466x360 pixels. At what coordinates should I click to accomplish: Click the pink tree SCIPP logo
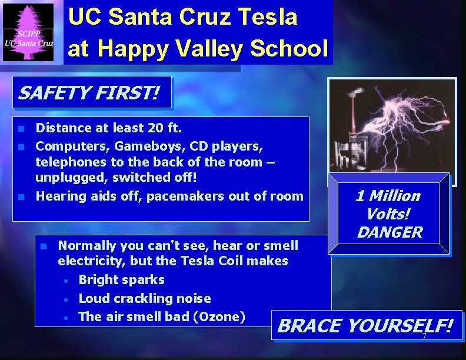pyautogui.click(x=28, y=32)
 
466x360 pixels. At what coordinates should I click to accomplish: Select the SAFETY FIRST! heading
pyautogui.click(x=88, y=93)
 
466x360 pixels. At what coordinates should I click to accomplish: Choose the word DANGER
pyautogui.click(x=390, y=232)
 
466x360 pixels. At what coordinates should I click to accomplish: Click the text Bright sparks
pyautogui.click(x=121, y=280)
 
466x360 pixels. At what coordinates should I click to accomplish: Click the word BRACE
pyautogui.click(x=308, y=326)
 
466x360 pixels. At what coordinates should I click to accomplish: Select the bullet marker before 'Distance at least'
pyautogui.click(x=21, y=128)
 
